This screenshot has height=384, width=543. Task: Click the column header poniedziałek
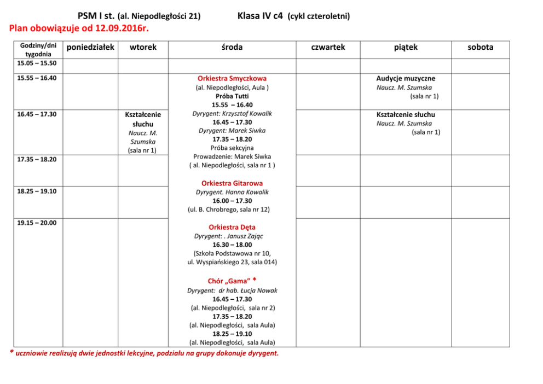[90, 48]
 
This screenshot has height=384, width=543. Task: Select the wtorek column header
[143, 48]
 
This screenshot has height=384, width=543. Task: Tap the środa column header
[232, 48]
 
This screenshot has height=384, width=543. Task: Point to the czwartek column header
[328, 48]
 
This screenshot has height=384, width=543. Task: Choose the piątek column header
[406, 48]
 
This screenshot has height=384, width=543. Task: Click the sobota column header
[480, 48]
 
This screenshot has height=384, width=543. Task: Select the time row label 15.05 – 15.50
[37, 63]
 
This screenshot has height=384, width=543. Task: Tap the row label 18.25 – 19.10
[37, 191]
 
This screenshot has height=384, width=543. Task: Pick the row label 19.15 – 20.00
[37, 223]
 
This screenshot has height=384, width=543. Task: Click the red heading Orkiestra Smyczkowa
[232, 78]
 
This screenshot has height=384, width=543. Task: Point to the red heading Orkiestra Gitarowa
[232, 183]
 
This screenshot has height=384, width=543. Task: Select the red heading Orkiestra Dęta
[232, 227]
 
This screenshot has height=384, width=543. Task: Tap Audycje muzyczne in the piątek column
[406, 78]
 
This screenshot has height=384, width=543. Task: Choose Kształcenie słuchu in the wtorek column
[143, 119]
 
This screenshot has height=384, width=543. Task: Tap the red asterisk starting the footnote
[13, 352]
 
